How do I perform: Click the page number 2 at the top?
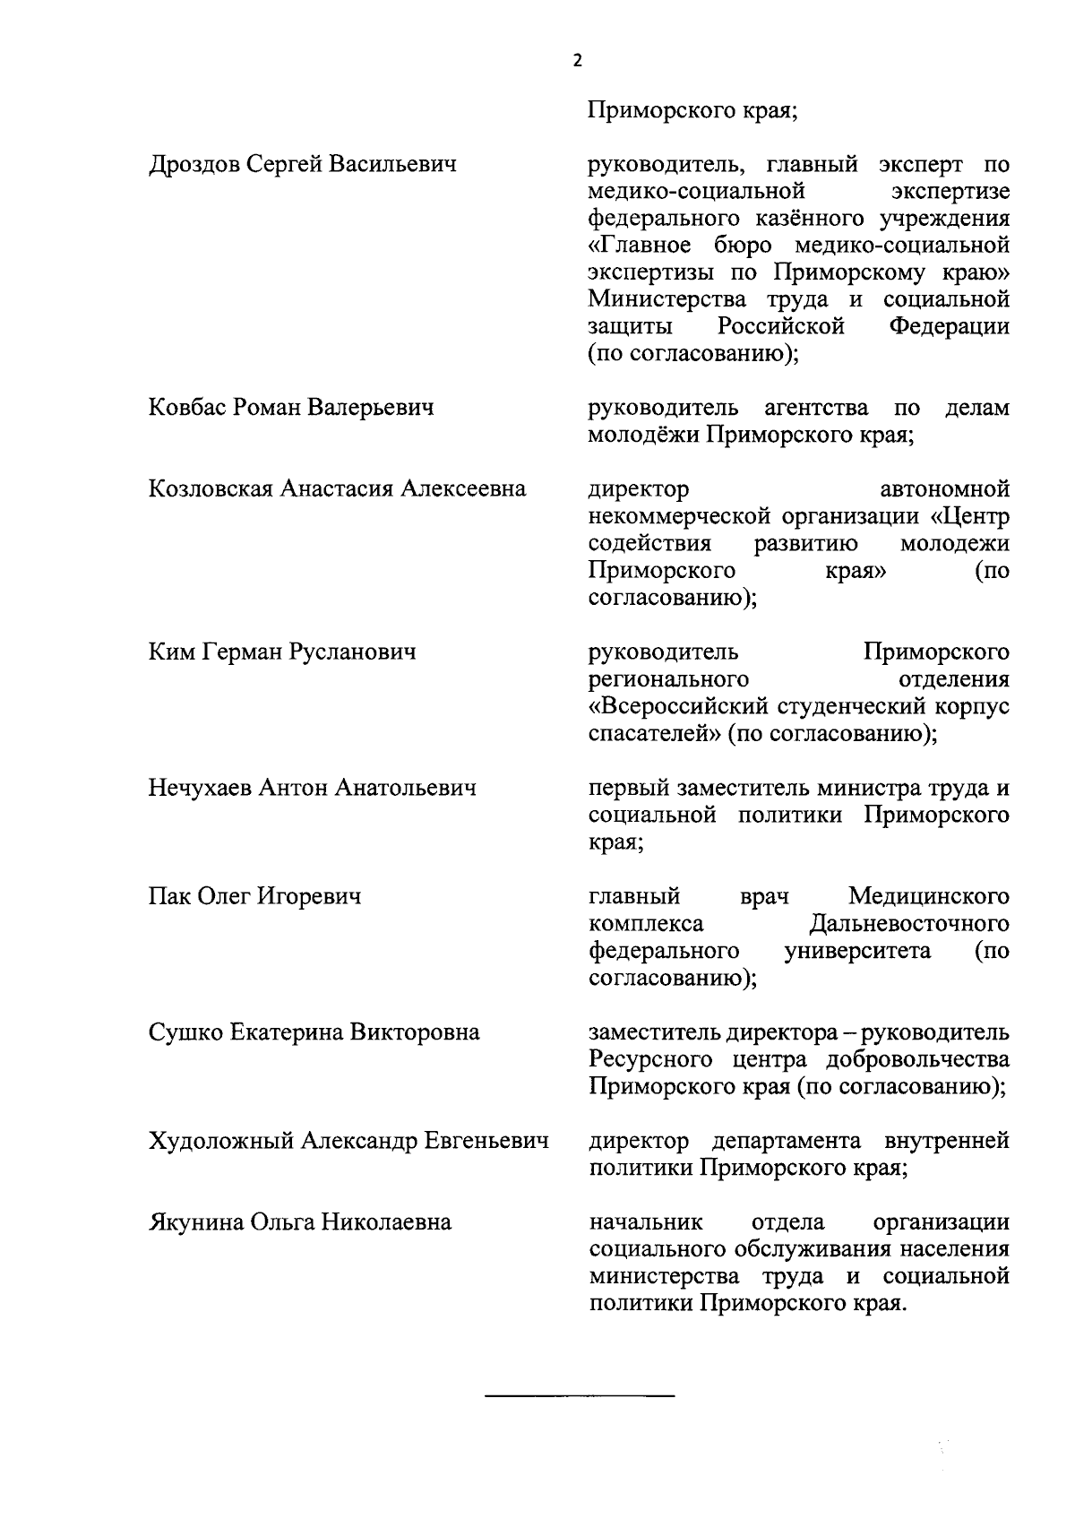point(577,61)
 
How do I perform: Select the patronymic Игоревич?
point(309,896)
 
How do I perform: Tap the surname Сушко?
point(185,1032)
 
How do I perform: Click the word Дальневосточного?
point(908,924)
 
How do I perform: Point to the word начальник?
point(645,1222)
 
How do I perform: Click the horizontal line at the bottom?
point(579,1397)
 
